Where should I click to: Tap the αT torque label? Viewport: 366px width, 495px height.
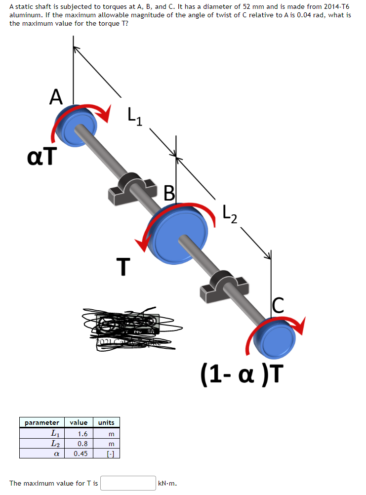click(41, 157)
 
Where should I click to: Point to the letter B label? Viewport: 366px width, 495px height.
click(169, 193)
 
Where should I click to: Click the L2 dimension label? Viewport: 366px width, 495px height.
click(230, 214)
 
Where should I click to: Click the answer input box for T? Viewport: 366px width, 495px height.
click(128, 483)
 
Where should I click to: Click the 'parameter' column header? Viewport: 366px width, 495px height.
click(42, 422)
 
